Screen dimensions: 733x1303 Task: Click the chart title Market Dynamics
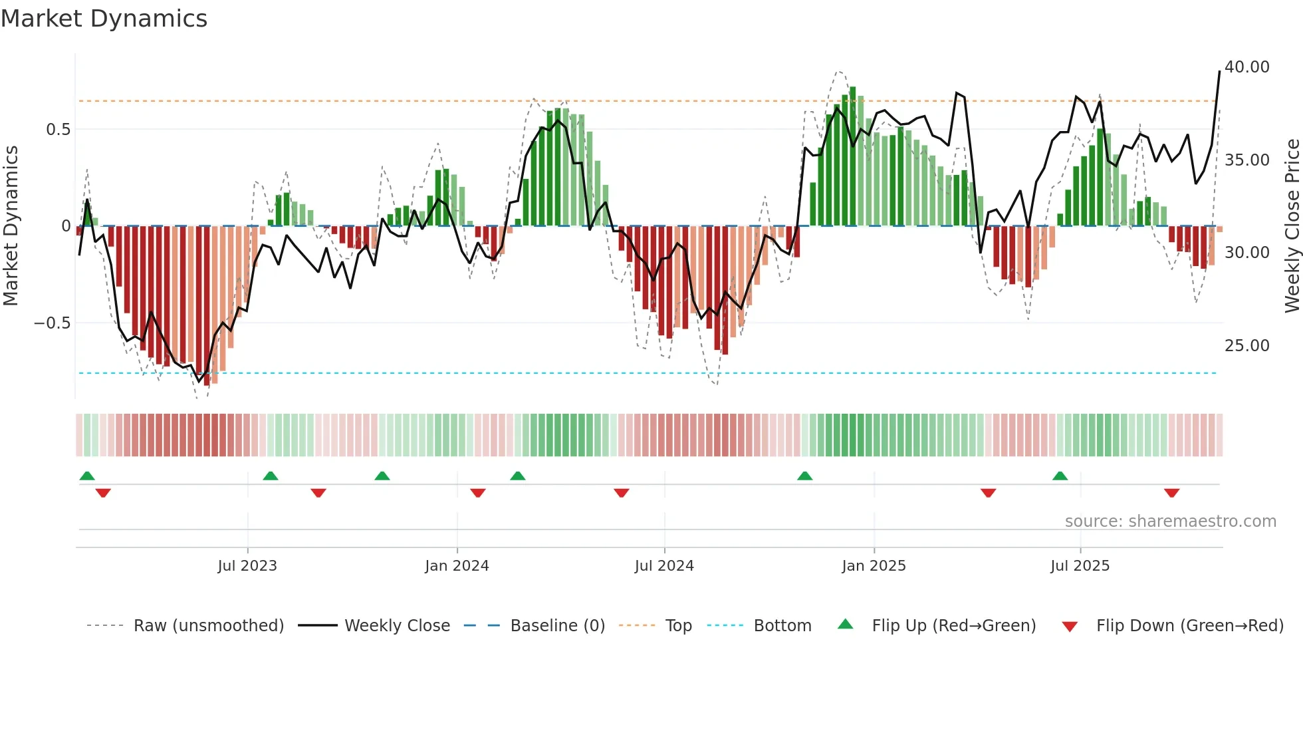[x=104, y=19]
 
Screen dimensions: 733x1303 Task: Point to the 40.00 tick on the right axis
[x=1246, y=67]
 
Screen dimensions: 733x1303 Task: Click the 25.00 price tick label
[x=1246, y=346]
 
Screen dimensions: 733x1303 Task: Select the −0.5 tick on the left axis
[x=52, y=323]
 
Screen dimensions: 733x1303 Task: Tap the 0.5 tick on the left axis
[x=58, y=130]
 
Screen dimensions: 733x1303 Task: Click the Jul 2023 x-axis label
[x=247, y=566]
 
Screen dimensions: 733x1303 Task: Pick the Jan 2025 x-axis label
[x=874, y=566]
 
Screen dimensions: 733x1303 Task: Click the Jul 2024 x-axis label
[x=664, y=566]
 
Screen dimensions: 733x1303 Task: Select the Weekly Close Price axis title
[x=1292, y=225]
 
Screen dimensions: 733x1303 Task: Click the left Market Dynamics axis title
[x=11, y=225]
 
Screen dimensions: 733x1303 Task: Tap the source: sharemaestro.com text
[x=1170, y=521]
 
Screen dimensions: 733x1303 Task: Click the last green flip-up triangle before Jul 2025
[x=1060, y=476]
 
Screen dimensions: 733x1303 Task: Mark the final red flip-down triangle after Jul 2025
[x=1171, y=493]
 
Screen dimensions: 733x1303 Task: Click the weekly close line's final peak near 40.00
[x=1219, y=71]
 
